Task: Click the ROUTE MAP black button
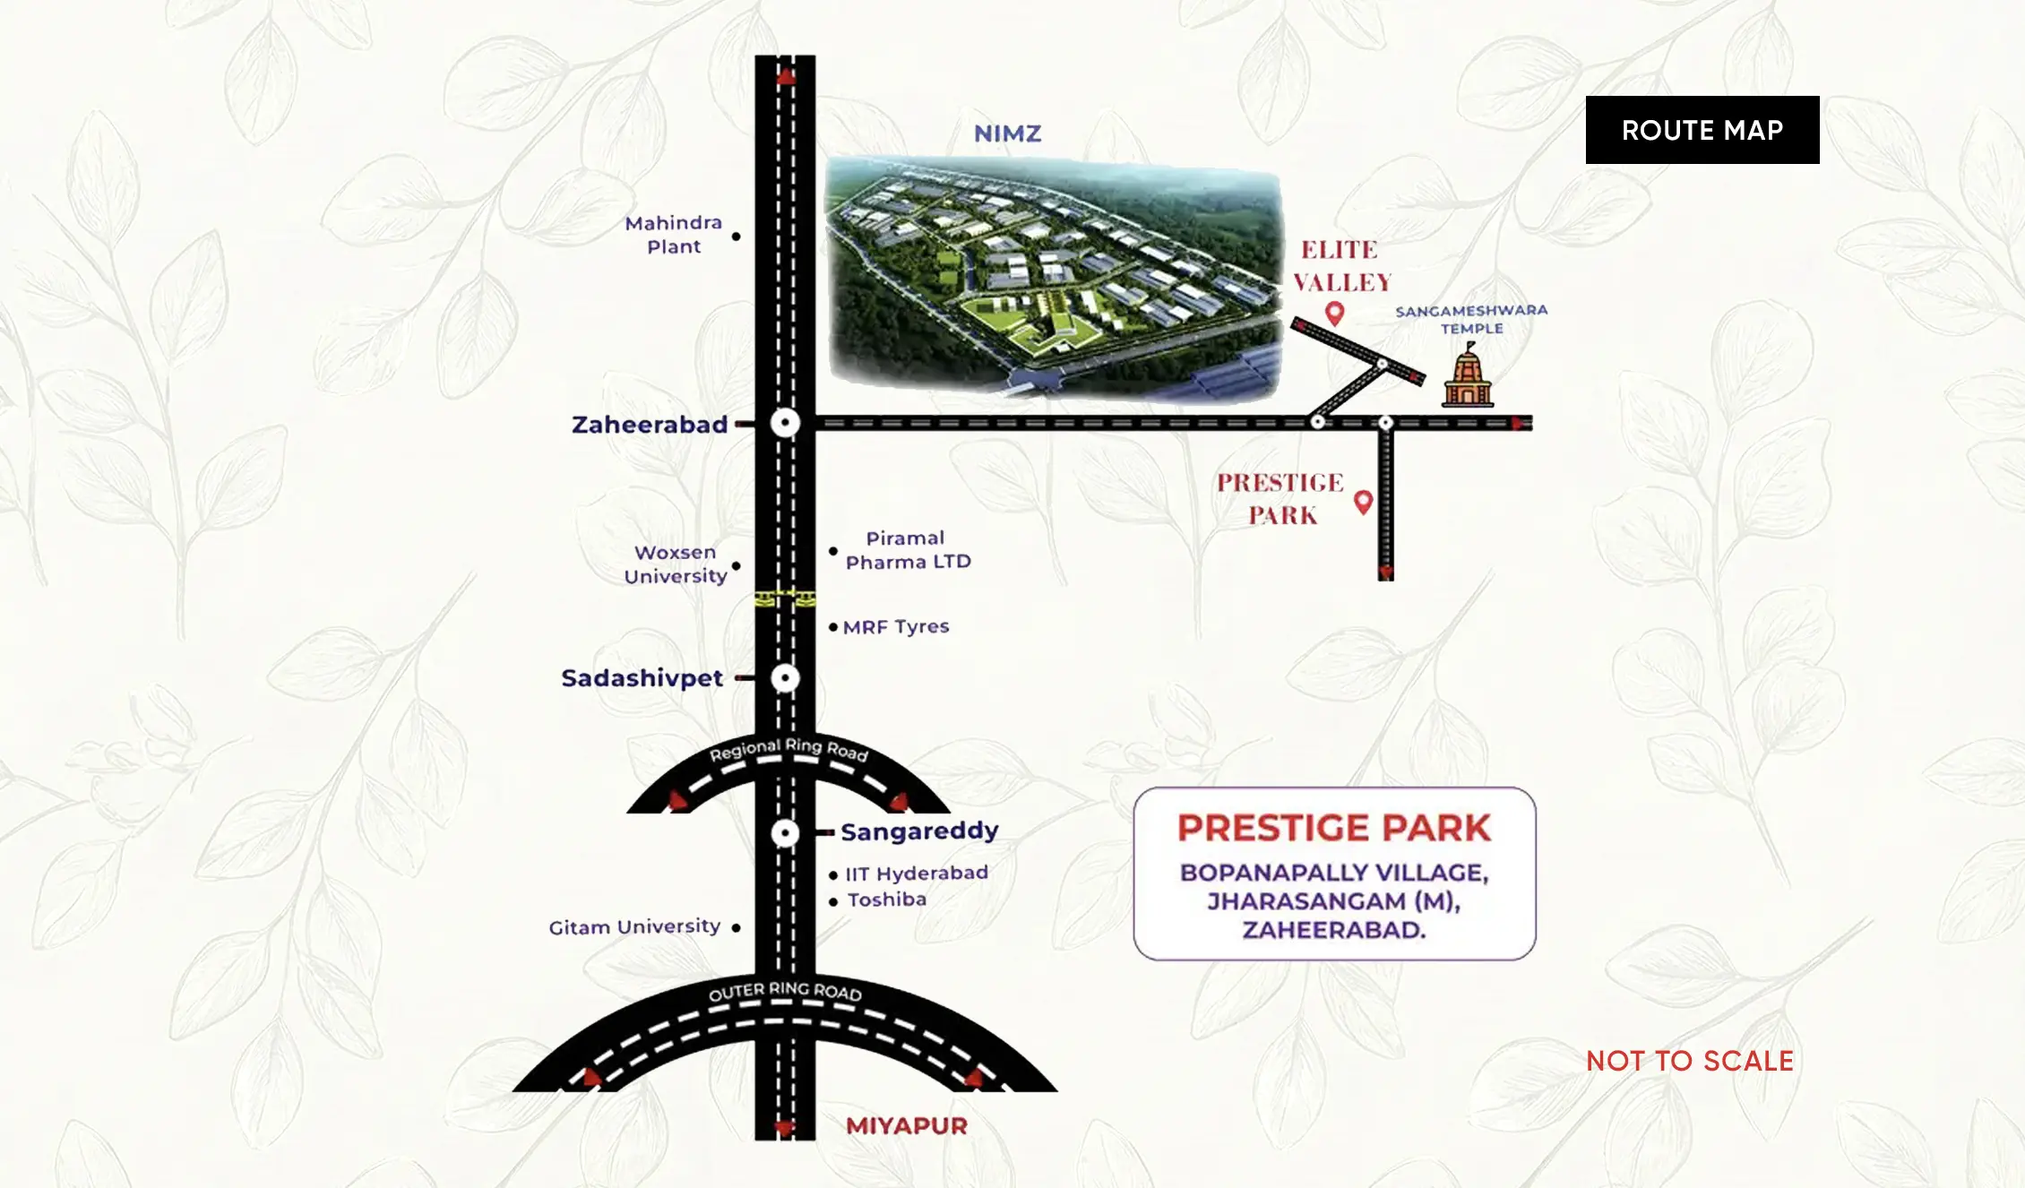click(x=1702, y=130)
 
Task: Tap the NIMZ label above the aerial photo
click(x=1007, y=133)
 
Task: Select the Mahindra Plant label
click(x=674, y=235)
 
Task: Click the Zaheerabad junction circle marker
click(x=785, y=423)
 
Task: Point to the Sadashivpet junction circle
click(x=785, y=678)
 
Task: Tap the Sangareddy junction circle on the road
click(x=785, y=833)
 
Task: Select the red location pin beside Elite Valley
click(x=1334, y=313)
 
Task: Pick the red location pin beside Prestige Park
click(x=1363, y=502)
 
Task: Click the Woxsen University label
click(x=676, y=564)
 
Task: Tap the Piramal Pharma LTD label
click(x=908, y=550)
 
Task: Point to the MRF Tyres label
click(x=895, y=627)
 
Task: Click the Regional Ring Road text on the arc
click(x=788, y=749)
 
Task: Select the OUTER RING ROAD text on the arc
click(x=785, y=991)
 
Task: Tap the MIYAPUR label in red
click(x=906, y=1126)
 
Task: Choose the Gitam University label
click(x=634, y=927)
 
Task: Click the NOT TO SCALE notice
click(x=1689, y=1062)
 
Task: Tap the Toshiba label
click(x=886, y=900)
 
